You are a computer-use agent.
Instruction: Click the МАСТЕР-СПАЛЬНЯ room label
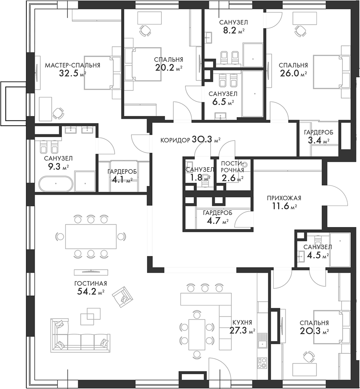click(x=73, y=65)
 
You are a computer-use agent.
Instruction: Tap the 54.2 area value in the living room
click(x=87, y=291)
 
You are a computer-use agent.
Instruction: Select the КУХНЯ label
click(x=242, y=323)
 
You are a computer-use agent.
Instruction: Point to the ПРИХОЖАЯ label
click(x=284, y=198)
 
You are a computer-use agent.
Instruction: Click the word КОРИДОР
click(x=175, y=140)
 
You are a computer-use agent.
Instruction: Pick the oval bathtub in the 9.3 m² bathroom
click(x=56, y=184)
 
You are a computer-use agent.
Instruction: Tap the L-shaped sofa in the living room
click(x=80, y=335)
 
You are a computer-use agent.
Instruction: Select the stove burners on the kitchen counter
click(x=262, y=363)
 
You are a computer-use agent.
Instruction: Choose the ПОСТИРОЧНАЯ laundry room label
click(x=232, y=167)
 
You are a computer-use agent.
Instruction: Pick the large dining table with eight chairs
click(x=91, y=236)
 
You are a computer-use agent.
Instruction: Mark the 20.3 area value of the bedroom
click(x=310, y=331)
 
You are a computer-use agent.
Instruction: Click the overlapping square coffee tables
click(x=90, y=316)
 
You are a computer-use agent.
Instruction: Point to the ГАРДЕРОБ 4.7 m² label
click(x=218, y=217)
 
